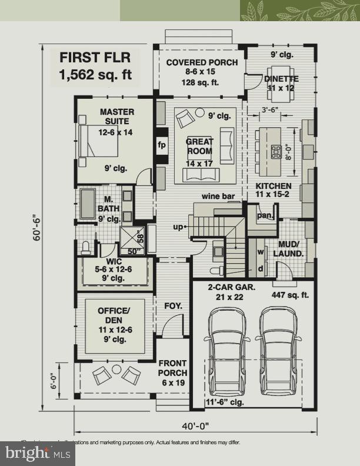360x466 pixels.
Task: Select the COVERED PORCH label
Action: [202, 63]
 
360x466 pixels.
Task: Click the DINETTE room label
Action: [281, 78]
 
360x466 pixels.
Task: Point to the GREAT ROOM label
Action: [199, 147]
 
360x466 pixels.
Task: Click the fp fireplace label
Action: [161, 144]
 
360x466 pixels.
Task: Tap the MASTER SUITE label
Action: [116, 116]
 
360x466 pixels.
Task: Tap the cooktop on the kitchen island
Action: [275, 152]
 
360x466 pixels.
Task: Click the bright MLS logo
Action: [38, 453]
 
